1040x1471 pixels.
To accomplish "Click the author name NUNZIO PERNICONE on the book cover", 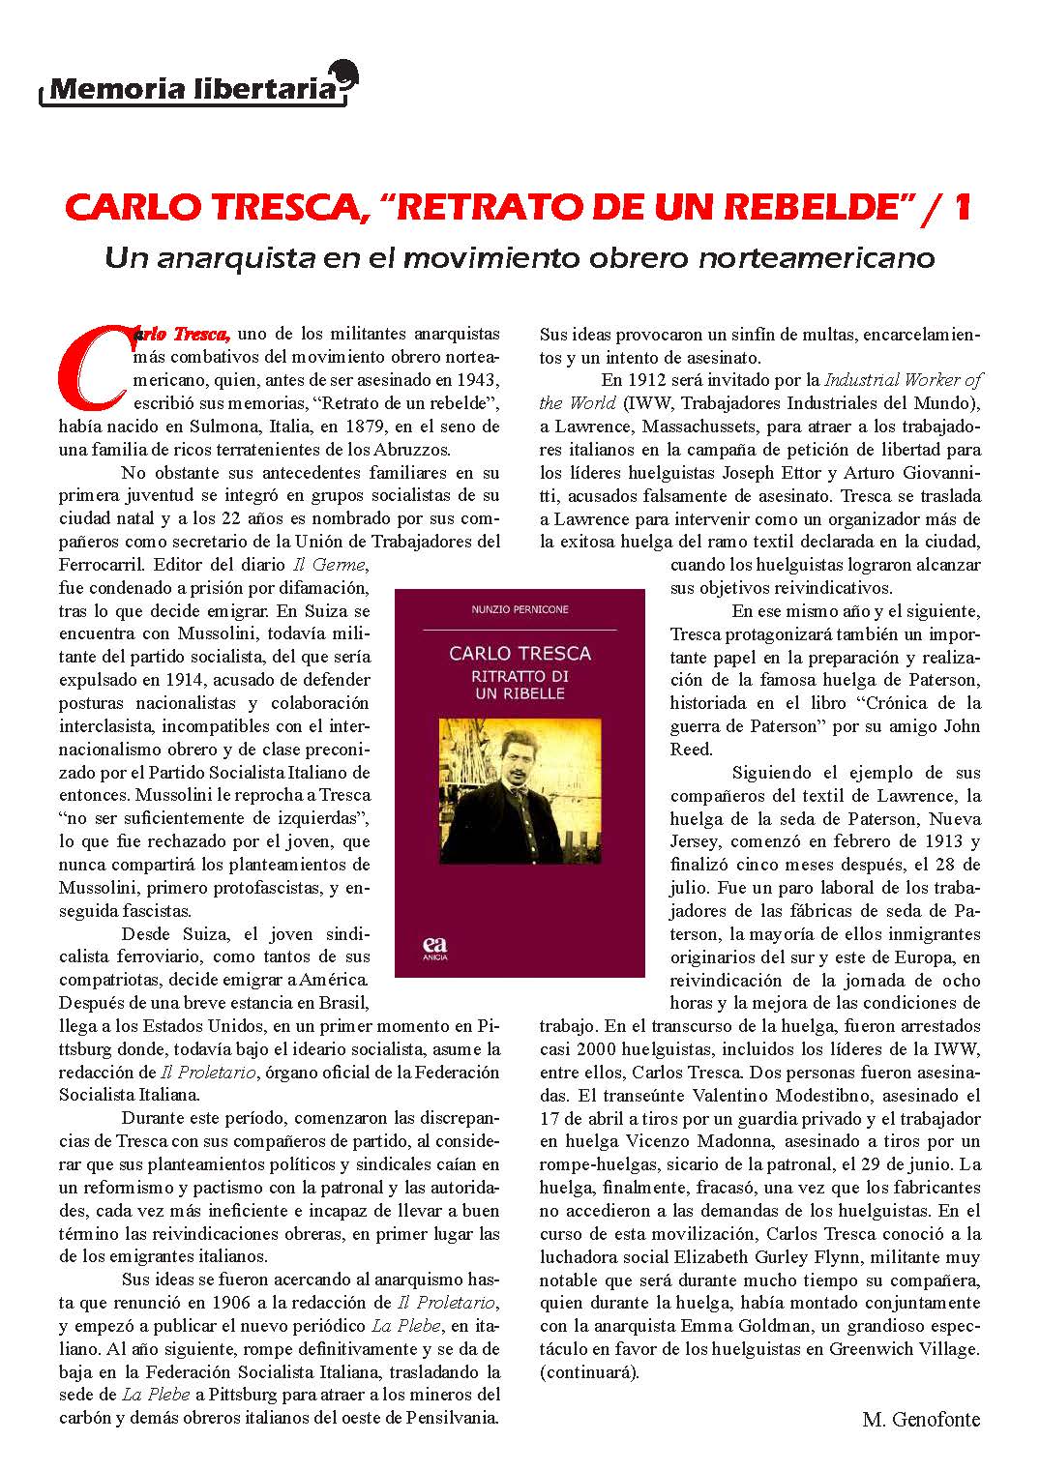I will tap(520, 609).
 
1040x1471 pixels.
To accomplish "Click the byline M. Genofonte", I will tap(920, 1420).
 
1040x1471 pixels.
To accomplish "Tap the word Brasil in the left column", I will tap(343, 1003).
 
